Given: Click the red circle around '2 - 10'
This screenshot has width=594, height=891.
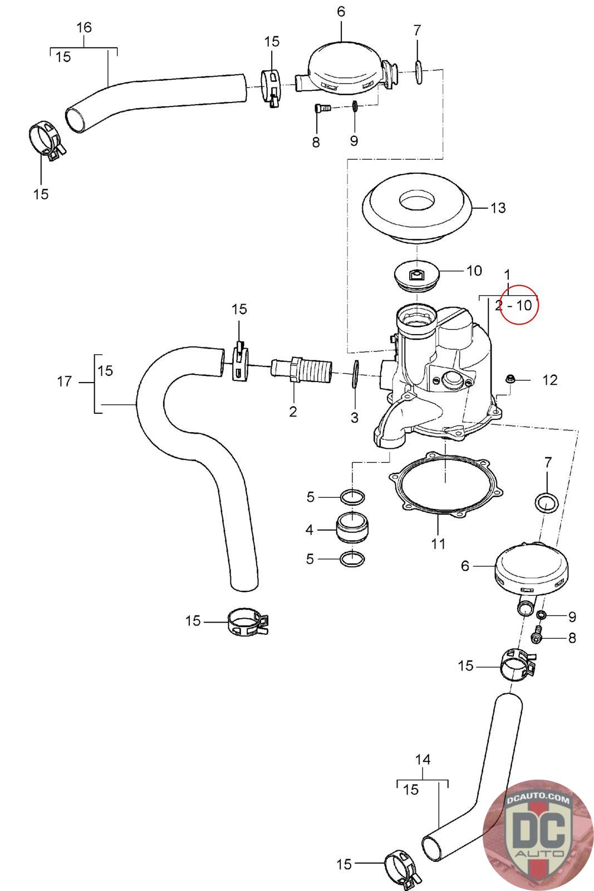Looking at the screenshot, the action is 519,285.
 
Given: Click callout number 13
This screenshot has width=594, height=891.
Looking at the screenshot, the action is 498,208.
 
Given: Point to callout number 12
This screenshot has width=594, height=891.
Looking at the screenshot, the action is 550,380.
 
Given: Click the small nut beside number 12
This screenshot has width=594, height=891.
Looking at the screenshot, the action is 509,379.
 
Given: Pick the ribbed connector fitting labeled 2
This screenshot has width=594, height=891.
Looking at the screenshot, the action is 301,370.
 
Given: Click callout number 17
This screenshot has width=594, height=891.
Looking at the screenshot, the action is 65,381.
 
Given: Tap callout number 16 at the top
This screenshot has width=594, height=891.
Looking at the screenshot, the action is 84,27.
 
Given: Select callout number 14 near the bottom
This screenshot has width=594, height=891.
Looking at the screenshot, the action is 423,760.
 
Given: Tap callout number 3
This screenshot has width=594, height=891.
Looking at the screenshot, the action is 354,417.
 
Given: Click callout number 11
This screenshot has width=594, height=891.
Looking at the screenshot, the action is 439,543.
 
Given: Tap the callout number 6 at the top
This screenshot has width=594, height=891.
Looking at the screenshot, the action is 341,12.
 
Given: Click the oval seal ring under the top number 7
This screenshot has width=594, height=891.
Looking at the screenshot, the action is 418,72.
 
